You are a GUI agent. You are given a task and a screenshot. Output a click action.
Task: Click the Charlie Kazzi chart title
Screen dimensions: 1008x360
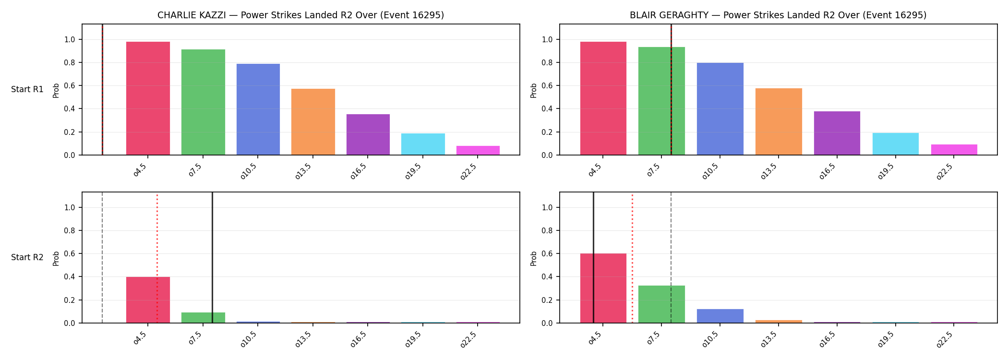(300, 15)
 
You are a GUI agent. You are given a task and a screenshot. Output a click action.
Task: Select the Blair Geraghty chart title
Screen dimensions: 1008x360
(778, 15)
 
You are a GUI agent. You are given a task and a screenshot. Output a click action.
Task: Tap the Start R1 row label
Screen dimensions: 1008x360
(27, 89)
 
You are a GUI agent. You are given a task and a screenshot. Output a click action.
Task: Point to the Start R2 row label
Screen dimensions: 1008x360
(27, 257)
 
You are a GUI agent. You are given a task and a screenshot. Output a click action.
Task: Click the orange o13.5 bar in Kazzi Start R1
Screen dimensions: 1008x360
(313, 122)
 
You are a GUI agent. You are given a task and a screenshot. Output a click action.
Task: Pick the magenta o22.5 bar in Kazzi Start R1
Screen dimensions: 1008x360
(478, 150)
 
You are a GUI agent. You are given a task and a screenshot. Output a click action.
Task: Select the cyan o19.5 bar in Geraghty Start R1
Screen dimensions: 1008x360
(896, 144)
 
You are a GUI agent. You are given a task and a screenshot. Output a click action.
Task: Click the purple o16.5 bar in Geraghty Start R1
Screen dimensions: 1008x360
(837, 133)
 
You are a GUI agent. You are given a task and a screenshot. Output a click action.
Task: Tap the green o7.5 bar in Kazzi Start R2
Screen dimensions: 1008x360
(203, 318)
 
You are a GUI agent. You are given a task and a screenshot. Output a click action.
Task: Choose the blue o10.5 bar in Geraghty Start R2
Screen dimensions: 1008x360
(720, 316)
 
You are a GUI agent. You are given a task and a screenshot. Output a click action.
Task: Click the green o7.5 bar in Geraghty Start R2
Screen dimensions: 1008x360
(661, 304)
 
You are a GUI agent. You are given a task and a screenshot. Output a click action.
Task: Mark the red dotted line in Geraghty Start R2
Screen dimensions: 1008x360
(632, 258)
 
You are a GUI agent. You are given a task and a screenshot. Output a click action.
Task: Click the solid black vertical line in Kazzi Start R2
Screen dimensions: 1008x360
(212, 257)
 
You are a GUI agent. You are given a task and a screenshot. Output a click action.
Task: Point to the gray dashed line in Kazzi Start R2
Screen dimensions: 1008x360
(102, 257)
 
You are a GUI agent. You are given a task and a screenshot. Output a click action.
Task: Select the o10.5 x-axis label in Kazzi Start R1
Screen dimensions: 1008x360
(249, 171)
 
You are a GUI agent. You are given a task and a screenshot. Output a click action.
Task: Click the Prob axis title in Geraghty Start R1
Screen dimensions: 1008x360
(534, 90)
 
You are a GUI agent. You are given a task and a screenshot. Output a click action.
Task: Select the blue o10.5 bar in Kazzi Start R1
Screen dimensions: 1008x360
(258, 109)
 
